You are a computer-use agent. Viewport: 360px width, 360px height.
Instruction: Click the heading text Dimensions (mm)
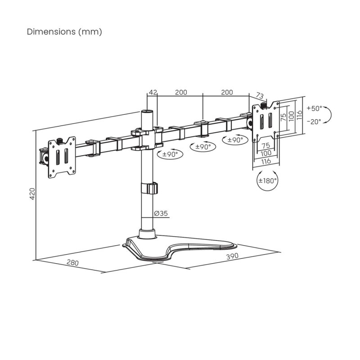64,32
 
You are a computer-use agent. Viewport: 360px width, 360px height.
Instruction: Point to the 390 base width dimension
232,256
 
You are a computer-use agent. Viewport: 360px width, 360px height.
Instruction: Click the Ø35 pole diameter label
161,213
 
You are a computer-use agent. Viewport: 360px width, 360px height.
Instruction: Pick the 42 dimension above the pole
153,92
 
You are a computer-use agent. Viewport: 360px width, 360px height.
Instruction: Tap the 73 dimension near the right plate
259,95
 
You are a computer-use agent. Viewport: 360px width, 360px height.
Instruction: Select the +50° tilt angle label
314,108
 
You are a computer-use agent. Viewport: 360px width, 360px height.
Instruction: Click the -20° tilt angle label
314,121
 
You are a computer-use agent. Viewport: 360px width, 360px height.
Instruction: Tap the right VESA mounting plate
265,121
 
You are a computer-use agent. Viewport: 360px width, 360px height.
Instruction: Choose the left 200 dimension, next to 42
180,92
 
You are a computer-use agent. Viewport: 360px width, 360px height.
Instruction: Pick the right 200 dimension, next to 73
227,92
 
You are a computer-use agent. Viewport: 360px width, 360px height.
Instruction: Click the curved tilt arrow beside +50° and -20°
328,115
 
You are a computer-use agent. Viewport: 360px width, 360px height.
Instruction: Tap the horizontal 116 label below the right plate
265,161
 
